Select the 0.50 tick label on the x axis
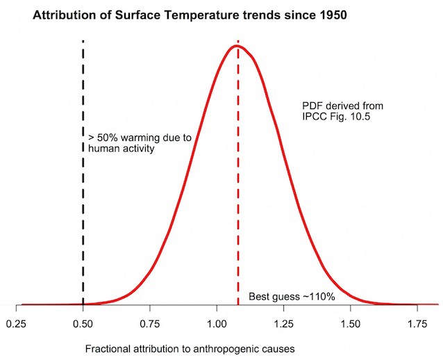(x=83, y=324)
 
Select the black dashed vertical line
(x=83, y=208)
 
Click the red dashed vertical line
(x=238, y=208)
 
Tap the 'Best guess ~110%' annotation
(x=292, y=297)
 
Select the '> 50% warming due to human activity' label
(x=139, y=142)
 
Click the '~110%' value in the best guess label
(x=318, y=297)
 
